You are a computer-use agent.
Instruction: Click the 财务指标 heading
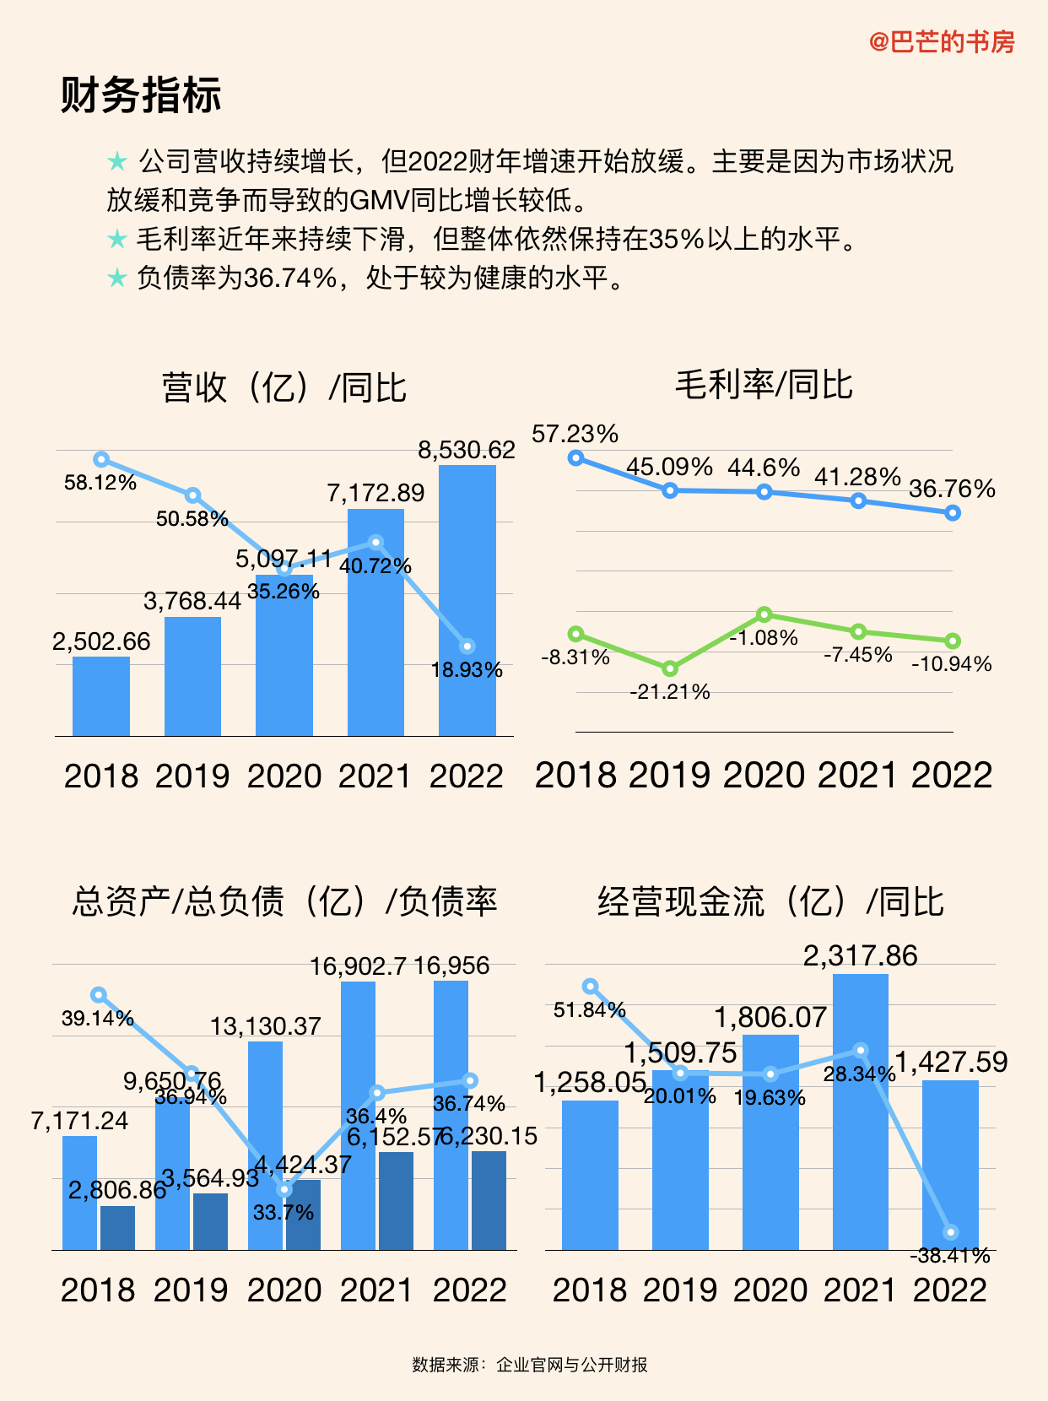(x=141, y=95)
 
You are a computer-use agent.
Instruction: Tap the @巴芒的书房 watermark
(x=942, y=41)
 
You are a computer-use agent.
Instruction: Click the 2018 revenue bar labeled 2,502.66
(x=101, y=696)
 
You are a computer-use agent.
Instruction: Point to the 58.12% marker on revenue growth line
(x=101, y=459)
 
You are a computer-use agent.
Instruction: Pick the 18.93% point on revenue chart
(x=467, y=646)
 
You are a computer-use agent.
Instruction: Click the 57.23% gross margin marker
(x=576, y=457)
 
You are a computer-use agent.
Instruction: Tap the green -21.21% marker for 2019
(x=670, y=668)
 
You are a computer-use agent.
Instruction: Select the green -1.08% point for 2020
(x=764, y=614)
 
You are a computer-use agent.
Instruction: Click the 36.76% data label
(x=952, y=489)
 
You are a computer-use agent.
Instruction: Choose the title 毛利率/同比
(x=764, y=385)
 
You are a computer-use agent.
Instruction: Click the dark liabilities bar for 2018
(x=117, y=1227)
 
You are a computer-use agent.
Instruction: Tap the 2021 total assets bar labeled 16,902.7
(x=358, y=1114)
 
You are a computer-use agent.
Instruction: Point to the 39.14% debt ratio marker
(x=99, y=995)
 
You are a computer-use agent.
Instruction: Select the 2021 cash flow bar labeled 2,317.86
(x=860, y=1111)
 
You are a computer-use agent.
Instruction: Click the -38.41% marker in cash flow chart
(x=951, y=1233)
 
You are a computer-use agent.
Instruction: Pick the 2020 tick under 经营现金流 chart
(x=770, y=1290)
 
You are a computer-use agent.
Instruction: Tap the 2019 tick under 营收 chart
(x=192, y=776)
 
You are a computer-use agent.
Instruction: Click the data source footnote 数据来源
(x=529, y=1365)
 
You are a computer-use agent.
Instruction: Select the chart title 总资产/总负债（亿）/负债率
(x=284, y=901)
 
